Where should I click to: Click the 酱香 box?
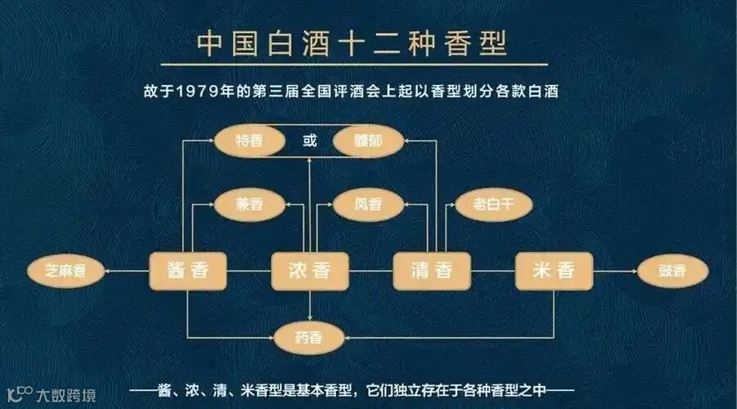tap(188, 271)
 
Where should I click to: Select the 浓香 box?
tap(310, 271)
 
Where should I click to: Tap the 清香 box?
tap(433, 271)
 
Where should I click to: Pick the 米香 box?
tap(554, 271)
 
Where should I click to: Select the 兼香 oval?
tap(249, 204)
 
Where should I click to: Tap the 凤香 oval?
tap(368, 204)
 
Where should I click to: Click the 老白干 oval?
tap(491, 204)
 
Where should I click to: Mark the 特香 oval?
tap(249, 142)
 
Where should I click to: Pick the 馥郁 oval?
tap(369, 142)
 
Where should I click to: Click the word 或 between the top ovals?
tap(309, 141)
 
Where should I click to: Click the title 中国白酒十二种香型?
tap(353, 43)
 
